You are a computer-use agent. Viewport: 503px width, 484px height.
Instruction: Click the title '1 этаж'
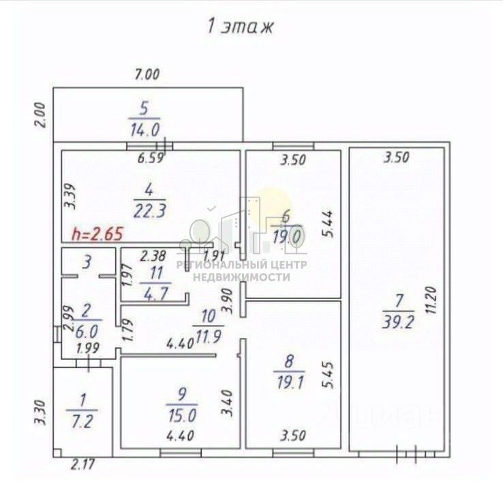click(239, 27)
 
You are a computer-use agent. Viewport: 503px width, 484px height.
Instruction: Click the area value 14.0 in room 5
click(144, 128)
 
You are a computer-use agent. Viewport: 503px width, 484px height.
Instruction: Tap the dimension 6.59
click(151, 159)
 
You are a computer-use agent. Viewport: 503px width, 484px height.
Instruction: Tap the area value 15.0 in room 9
click(181, 413)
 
